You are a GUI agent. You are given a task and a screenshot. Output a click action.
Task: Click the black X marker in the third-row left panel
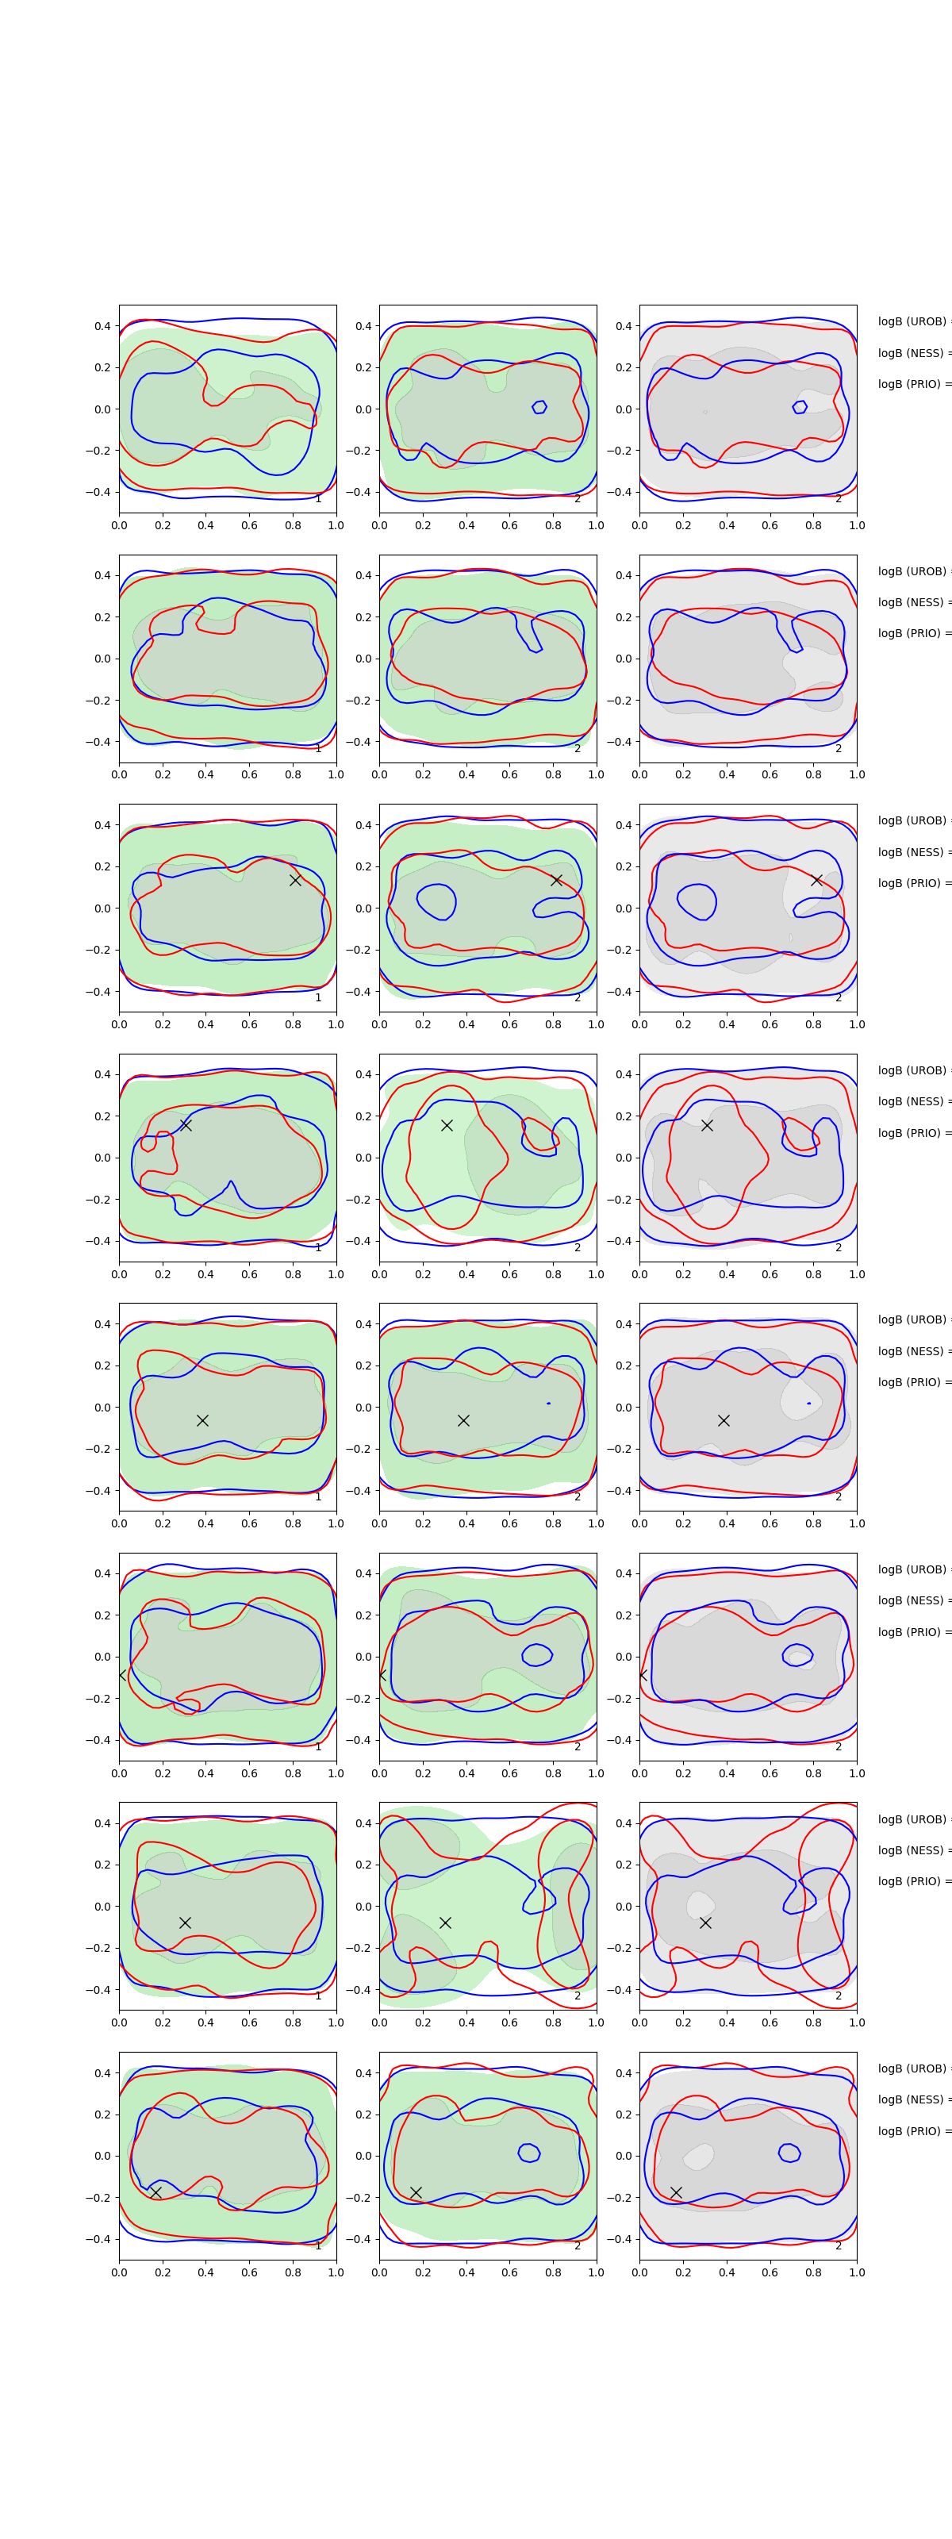click(x=294, y=880)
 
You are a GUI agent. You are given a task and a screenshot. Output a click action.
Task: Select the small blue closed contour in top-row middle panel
click(x=539, y=407)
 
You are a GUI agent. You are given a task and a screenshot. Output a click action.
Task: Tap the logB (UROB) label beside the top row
click(x=912, y=322)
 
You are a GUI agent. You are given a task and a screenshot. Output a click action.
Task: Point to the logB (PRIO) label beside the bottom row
click(x=912, y=2131)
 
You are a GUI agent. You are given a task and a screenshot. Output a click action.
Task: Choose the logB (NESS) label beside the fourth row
click(x=912, y=1102)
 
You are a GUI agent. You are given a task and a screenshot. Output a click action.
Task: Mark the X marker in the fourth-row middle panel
click(x=447, y=1126)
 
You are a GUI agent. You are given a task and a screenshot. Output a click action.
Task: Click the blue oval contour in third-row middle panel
click(x=436, y=901)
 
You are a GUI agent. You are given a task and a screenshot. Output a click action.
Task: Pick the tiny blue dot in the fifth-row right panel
click(x=809, y=1403)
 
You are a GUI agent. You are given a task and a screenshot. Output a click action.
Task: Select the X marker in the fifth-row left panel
click(x=202, y=1420)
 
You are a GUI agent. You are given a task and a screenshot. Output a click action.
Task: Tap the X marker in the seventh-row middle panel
click(x=445, y=1923)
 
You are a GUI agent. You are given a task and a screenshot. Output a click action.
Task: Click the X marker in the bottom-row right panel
click(x=676, y=2192)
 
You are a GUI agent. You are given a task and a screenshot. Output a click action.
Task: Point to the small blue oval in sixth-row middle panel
click(x=537, y=1655)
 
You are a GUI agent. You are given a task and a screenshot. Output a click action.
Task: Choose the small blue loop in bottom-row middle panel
click(x=529, y=2153)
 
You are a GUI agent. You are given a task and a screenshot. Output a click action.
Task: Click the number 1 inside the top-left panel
click(x=318, y=499)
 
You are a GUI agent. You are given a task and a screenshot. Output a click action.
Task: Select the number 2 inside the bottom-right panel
click(x=839, y=2246)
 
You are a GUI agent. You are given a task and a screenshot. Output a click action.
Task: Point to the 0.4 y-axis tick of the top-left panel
click(x=102, y=326)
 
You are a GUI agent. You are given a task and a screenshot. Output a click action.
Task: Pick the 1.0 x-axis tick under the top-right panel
click(x=857, y=525)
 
